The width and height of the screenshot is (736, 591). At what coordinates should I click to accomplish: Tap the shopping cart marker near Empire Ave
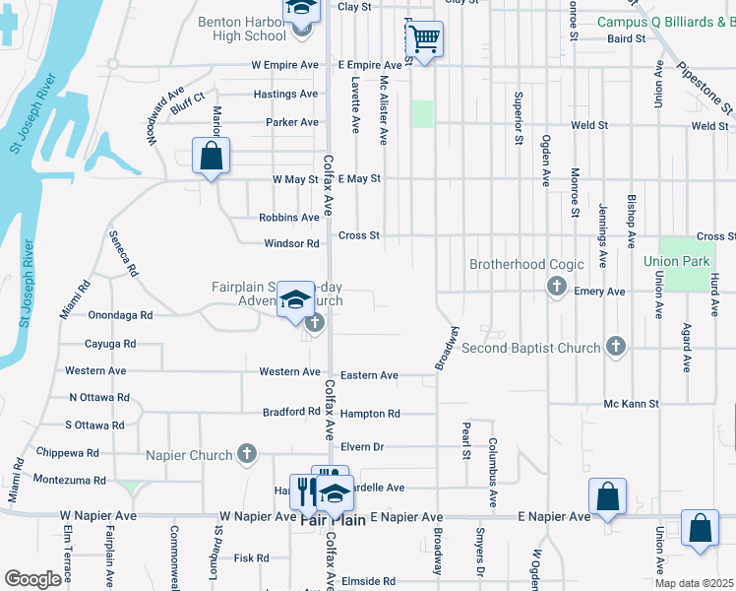click(x=424, y=39)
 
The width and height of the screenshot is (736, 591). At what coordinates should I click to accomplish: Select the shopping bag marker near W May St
click(x=211, y=156)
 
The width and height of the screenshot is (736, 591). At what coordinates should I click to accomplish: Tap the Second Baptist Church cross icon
click(x=616, y=346)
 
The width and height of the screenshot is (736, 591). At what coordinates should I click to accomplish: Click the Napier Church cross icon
click(x=247, y=454)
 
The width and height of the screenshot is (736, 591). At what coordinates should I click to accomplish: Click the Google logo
click(x=32, y=579)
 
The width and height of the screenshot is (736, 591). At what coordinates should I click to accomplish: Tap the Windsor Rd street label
click(x=291, y=243)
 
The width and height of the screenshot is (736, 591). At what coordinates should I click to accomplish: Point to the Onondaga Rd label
click(x=120, y=316)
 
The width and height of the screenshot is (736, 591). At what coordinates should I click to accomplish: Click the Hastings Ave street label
click(x=285, y=95)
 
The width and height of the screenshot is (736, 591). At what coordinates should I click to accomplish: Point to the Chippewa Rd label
click(x=67, y=453)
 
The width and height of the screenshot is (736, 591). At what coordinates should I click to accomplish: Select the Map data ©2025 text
click(x=693, y=583)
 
